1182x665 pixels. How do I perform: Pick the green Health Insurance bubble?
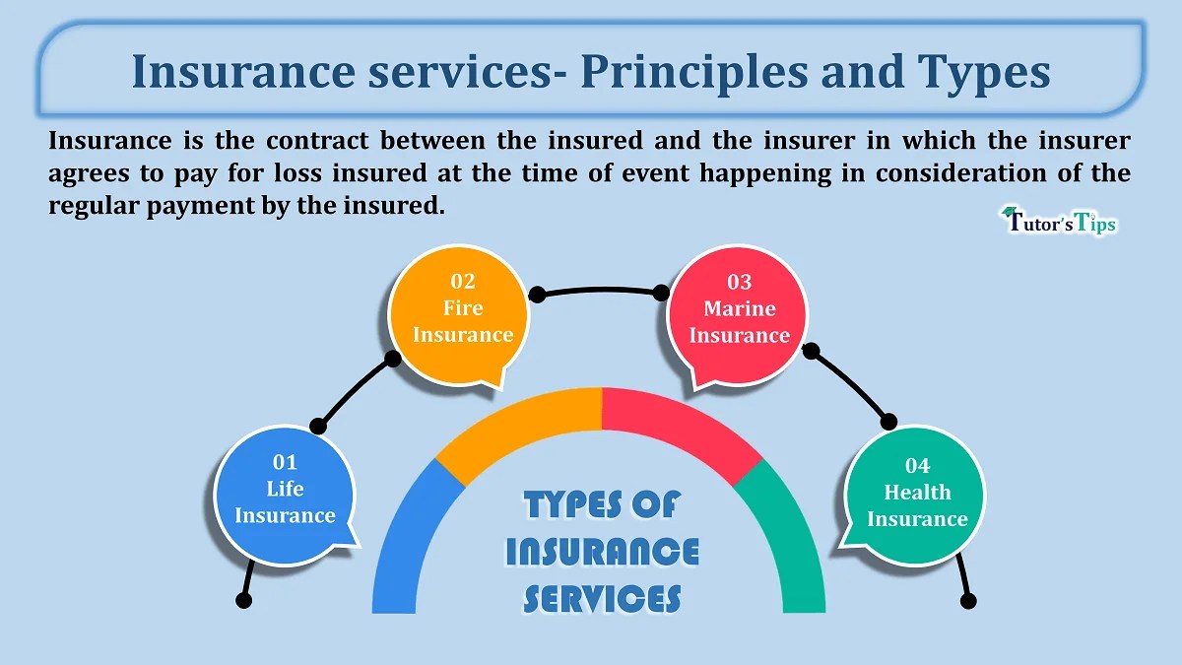916,495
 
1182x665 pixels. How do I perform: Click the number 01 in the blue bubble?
285,462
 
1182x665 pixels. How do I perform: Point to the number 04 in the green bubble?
917,466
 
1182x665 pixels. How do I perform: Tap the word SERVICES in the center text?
602,597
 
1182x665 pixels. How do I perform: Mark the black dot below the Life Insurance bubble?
244,600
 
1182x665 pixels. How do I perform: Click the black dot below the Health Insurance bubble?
967,600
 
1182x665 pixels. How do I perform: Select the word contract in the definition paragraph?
311,141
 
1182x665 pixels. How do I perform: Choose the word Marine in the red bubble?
739,308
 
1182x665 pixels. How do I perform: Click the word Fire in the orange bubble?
463,308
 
